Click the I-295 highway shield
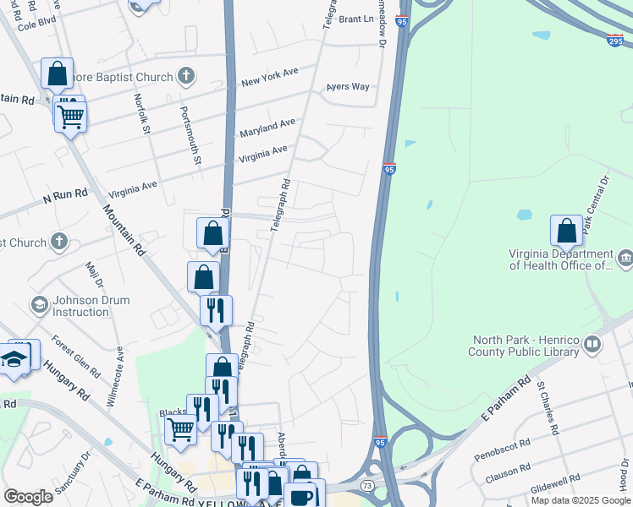click(615, 40)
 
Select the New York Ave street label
click(270, 79)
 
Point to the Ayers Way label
click(348, 87)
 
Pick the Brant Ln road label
click(355, 19)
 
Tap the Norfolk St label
click(141, 113)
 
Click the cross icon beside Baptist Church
click(185, 77)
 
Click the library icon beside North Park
click(592, 345)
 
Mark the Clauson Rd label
click(509, 472)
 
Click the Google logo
click(28, 497)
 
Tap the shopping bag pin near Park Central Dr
click(566, 231)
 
